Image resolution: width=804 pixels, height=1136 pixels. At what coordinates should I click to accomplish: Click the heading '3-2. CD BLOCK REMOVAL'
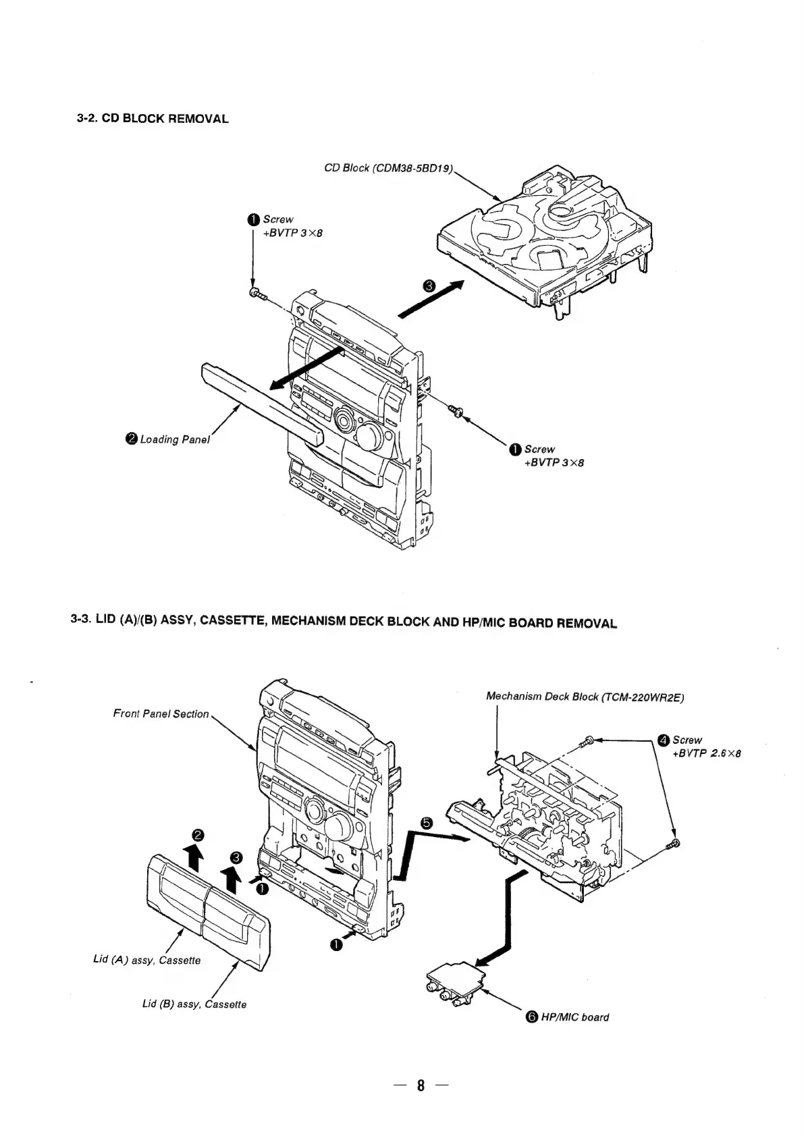point(152,119)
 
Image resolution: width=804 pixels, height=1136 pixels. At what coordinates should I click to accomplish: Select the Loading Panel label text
point(175,439)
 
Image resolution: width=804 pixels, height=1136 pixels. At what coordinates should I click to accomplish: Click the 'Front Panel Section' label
point(161,713)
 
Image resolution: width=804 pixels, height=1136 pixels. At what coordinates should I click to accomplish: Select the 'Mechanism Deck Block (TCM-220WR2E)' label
point(585,697)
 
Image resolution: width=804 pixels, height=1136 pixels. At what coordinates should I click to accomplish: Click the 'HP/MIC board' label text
point(574,1017)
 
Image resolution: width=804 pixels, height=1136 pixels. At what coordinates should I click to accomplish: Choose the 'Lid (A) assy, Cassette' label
point(146,960)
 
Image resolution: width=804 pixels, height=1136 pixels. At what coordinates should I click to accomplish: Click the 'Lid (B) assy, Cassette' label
point(194,1004)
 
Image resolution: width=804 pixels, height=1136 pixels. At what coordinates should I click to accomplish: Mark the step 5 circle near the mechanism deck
point(425,822)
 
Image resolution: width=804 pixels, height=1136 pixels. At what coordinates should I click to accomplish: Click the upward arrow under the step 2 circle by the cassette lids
point(194,859)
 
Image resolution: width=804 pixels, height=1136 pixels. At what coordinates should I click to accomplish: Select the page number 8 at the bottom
point(421,1086)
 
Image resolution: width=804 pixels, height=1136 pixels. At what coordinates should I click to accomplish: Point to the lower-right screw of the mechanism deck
point(672,844)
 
